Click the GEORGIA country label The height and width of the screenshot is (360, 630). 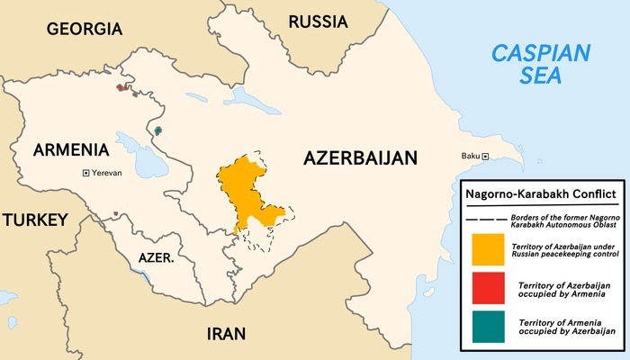(x=84, y=29)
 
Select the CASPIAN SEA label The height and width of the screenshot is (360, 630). (x=540, y=63)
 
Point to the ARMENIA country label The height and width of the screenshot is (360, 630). (x=71, y=149)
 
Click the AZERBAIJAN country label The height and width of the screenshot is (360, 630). (x=360, y=158)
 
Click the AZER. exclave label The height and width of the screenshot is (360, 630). (x=156, y=258)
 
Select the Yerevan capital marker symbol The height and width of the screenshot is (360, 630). (x=85, y=172)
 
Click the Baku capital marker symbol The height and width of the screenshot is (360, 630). (x=485, y=157)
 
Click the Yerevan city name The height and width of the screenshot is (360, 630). (x=106, y=172)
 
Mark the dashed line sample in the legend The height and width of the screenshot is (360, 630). (x=485, y=220)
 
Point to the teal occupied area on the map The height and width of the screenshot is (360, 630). (x=158, y=130)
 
